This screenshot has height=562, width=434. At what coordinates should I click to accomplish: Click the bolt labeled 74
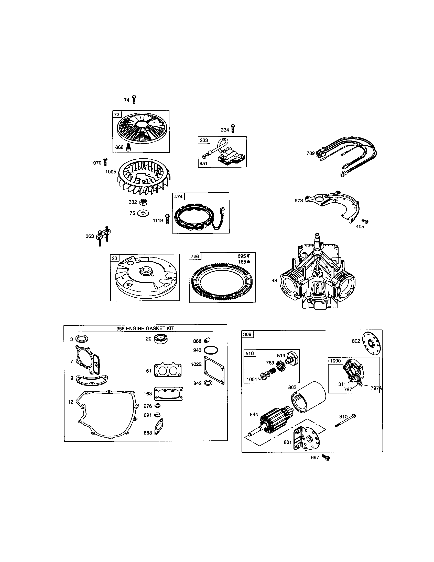click(x=134, y=99)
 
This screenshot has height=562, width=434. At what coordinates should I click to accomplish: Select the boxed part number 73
click(x=117, y=114)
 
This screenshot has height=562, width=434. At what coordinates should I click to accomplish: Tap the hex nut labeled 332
click(x=142, y=202)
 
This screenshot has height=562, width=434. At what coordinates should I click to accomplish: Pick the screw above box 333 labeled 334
click(x=233, y=128)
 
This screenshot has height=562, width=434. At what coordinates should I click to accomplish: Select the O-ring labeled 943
click(x=211, y=350)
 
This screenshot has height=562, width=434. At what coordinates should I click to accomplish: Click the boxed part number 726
click(x=195, y=256)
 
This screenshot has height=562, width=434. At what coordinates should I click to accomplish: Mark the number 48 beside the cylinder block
click(x=274, y=280)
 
